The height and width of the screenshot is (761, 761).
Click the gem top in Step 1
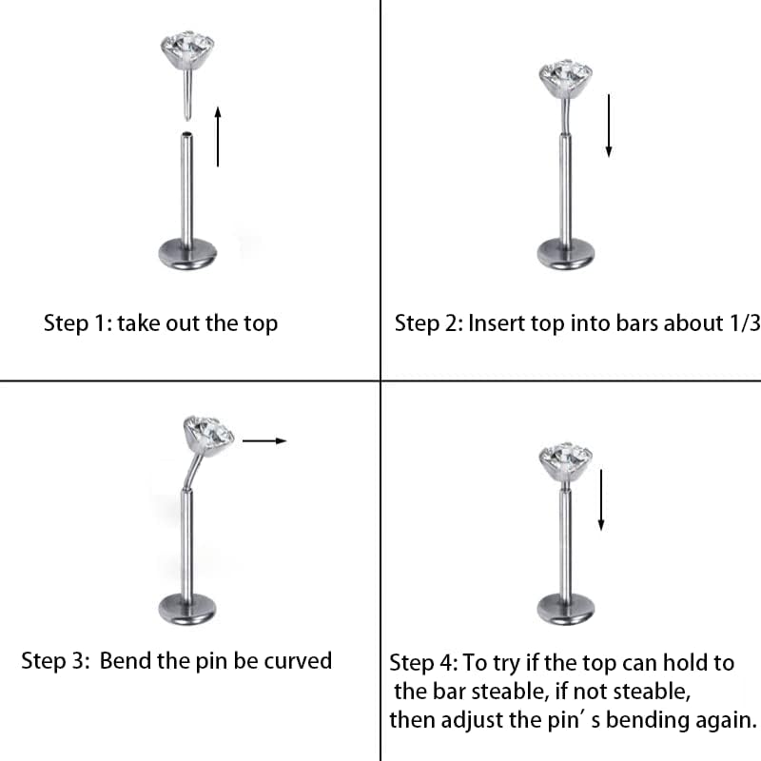(x=187, y=49)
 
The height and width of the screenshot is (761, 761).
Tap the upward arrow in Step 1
(x=218, y=136)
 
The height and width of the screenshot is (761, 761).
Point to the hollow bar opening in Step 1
(x=186, y=134)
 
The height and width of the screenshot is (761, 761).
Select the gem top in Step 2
(x=565, y=78)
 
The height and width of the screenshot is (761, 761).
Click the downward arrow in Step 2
(x=609, y=126)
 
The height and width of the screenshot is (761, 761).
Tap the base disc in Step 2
(x=565, y=254)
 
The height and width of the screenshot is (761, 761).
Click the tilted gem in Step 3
(x=208, y=436)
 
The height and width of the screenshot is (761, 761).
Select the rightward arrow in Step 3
(x=264, y=440)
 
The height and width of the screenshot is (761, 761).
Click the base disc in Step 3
(x=187, y=609)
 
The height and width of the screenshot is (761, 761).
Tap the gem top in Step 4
(x=565, y=461)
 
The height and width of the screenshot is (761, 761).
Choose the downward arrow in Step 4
(x=601, y=500)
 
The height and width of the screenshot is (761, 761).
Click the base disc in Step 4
(x=565, y=609)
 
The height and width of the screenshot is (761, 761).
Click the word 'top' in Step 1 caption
(x=261, y=323)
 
